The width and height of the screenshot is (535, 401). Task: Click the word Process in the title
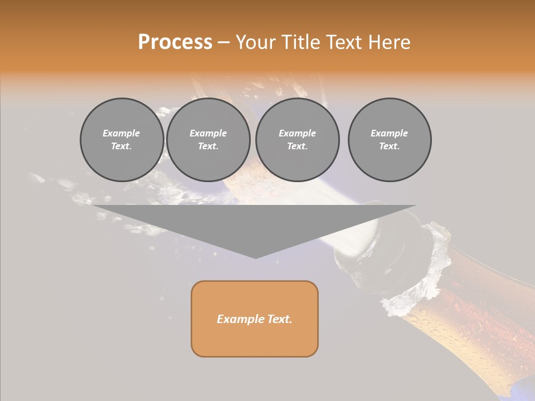pyautogui.click(x=175, y=42)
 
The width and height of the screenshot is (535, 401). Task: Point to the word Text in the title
pyautogui.click(x=344, y=42)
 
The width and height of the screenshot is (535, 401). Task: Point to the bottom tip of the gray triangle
pyautogui.click(x=255, y=257)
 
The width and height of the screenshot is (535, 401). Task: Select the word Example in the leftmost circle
pyautogui.click(x=121, y=133)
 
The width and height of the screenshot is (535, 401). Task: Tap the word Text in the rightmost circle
pyautogui.click(x=389, y=146)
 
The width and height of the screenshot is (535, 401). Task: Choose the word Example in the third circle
pyautogui.click(x=298, y=133)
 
